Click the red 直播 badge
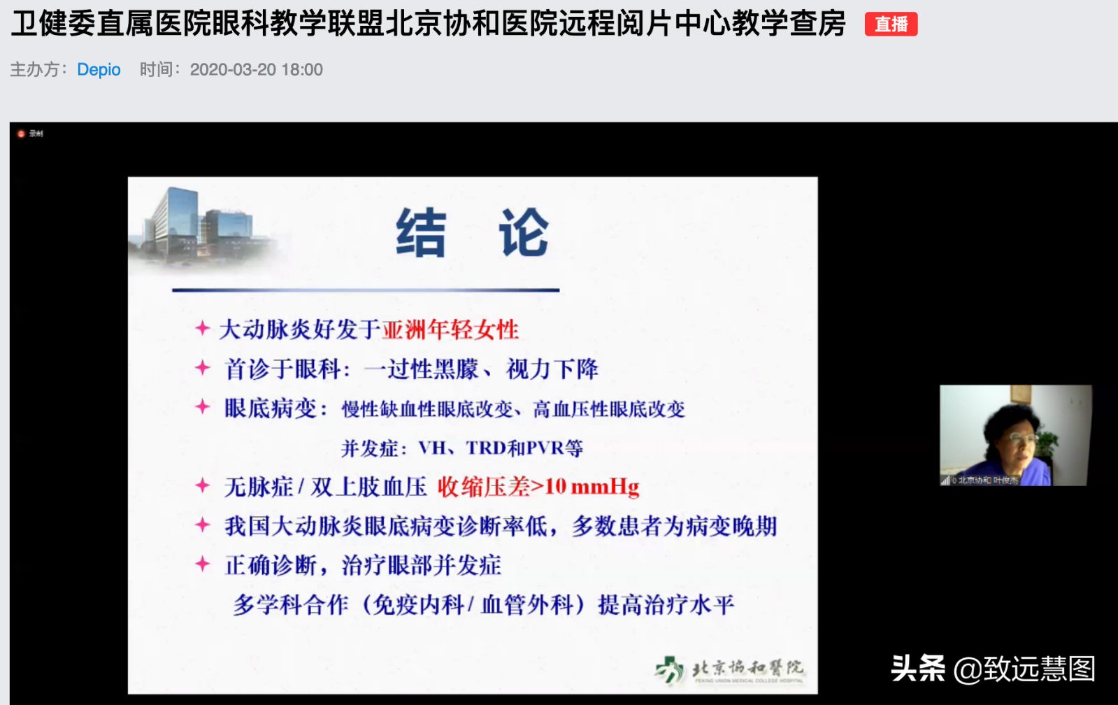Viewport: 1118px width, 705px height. (x=891, y=24)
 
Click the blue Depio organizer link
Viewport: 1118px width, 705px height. (x=99, y=70)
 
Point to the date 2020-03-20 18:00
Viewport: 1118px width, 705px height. (x=256, y=70)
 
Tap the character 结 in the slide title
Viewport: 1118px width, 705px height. (x=421, y=233)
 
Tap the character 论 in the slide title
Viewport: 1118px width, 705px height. (x=523, y=233)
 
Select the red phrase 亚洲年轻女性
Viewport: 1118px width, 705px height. (x=450, y=329)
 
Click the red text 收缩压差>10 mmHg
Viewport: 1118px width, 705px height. (x=538, y=487)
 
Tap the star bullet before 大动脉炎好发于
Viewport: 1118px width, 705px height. (x=202, y=328)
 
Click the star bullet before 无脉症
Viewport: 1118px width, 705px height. (x=202, y=485)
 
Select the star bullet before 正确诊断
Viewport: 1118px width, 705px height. (x=202, y=564)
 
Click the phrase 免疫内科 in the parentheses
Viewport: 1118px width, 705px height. (x=419, y=604)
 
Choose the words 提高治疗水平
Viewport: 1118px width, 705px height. (x=666, y=604)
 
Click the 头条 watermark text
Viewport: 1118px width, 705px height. (x=917, y=669)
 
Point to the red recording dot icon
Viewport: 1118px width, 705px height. (x=21, y=134)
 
